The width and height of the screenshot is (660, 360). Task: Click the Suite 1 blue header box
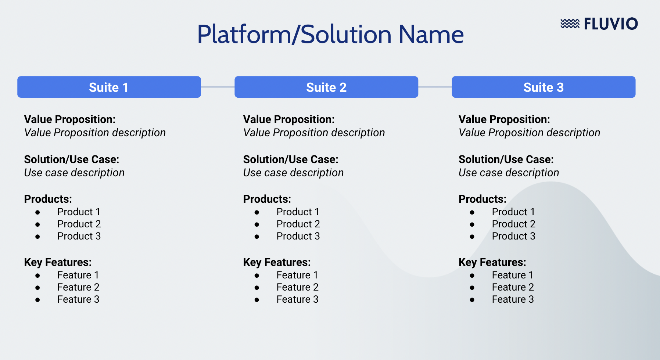[x=109, y=87]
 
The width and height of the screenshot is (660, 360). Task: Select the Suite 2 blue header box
[x=326, y=87]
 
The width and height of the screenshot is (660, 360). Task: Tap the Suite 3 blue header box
[x=543, y=87]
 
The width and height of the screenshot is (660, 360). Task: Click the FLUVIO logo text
[x=611, y=24]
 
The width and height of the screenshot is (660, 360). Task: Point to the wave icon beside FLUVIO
[x=570, y=24]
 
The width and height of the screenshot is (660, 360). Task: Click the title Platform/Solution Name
[x=330, y=35]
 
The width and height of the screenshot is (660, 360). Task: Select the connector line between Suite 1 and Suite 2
[x=218, y=87]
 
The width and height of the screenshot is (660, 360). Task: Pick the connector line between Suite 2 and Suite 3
[x=435, y=87]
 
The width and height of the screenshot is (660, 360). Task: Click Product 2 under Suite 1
[x=79, y=224]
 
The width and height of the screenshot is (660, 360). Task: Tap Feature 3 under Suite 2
[x=297, y=299]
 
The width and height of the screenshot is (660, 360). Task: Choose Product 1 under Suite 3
[x=513, y=212]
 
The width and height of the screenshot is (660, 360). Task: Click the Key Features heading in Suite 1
[x=58, y=262]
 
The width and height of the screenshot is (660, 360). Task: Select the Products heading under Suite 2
[x=267, y=199]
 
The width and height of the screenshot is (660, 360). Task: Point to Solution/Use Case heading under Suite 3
[x=506, y=159]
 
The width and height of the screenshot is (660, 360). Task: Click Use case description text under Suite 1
[x=74, y=173]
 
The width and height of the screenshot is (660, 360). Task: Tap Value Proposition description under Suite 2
[x=314, y=133]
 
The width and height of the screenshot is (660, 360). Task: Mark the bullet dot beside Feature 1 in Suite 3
[x=472, y=276]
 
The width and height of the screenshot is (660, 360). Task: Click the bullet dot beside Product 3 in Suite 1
[x=37, y=237]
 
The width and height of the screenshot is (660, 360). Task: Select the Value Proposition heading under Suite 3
[x=504, y=119]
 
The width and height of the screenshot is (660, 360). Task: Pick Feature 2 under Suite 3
[x=512, y=287]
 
